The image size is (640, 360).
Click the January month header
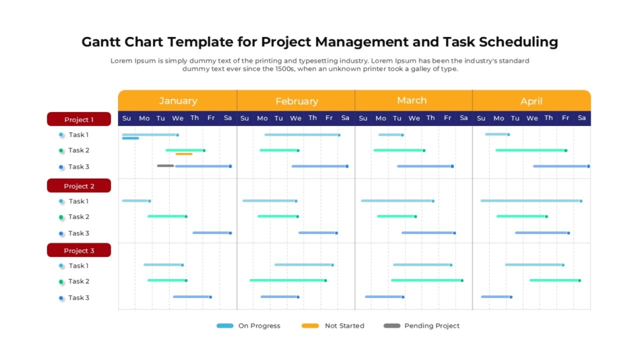(178, 100)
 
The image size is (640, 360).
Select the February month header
(296, 101)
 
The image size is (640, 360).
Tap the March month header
(412, 100)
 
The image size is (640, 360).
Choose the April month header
(531, 101)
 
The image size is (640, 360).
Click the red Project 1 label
(79, 119)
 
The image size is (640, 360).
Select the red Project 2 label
(79, 185)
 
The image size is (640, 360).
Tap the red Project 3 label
(79, 250)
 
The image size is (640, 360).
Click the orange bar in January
(184, 154)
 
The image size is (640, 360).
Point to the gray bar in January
(165, 166)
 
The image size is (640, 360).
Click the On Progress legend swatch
(225, 326)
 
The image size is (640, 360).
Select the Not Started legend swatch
(310, 326)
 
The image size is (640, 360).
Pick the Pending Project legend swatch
(391, 326)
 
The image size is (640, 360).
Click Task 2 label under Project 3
(78, 281)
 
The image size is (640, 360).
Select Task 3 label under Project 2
(78, 233)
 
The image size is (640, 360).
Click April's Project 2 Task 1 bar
(531, 200)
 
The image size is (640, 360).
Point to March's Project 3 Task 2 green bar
(426, 280)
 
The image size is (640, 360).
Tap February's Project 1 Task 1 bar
(302, 135)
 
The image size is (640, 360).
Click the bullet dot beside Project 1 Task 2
(61, 151)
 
